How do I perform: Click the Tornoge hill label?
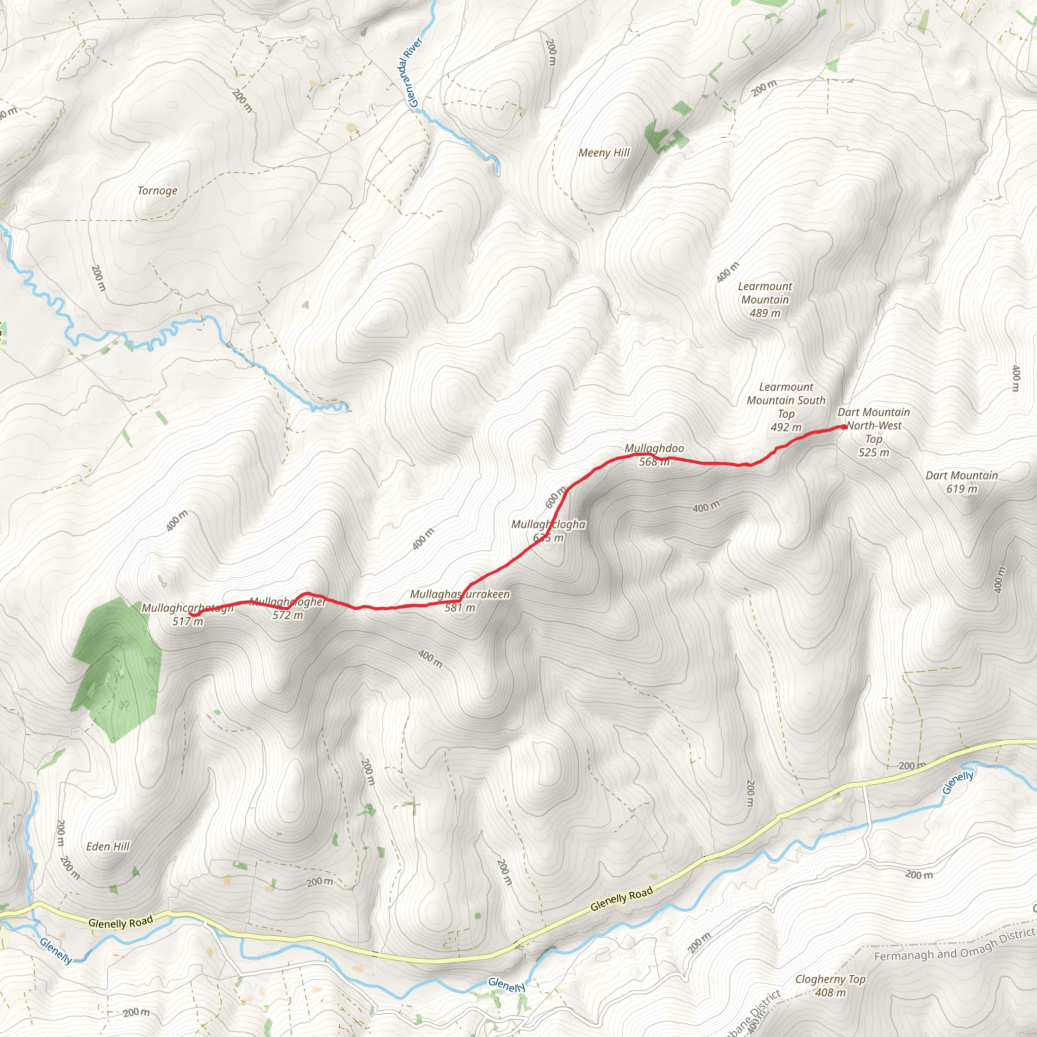point(157,190)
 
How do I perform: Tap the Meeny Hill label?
point(604,153)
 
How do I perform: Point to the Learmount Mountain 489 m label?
point(765,300)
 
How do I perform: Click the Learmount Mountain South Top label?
point(786,401)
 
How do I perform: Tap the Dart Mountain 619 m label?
point(962,482)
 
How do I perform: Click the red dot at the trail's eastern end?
point(844,427)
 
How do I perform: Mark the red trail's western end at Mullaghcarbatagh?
point(191,614)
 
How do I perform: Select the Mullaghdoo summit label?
point(654,448)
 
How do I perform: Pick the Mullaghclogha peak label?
point(548,525)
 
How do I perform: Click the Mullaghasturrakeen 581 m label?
point(460,601)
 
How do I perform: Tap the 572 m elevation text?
point(288,615)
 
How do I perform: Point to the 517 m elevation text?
point(188,622)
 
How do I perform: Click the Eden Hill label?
point(108,847)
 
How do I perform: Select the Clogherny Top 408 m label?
point(830,985)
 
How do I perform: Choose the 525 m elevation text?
point(873,453)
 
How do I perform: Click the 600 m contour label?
point(555,497)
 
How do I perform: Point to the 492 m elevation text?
point(786,427)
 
